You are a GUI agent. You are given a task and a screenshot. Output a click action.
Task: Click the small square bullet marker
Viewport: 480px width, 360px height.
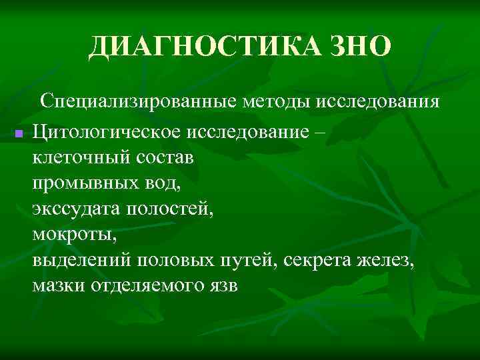pos(19,134)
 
